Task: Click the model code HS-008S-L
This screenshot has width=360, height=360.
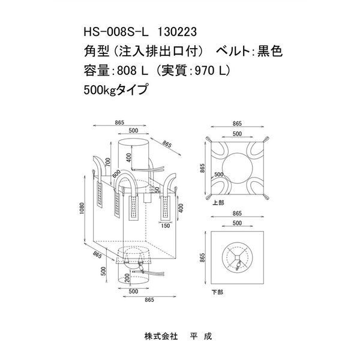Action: click(116, 32)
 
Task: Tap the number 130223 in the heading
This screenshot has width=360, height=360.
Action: click(177, 32)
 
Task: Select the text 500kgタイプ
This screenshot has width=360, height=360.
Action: click(115, 89)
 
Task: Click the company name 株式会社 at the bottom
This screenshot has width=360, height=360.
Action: click(161, 337)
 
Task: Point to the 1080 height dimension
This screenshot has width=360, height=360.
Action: click(82, 208)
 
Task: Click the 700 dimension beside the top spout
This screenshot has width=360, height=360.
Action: click(107, 163)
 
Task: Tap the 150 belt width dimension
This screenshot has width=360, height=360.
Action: click(166, 226)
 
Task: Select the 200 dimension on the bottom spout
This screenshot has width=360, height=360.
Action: click(127, 278)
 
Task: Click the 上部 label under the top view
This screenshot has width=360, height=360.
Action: click(218, 203)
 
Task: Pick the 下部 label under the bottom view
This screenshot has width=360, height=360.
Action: click(217, 293)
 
